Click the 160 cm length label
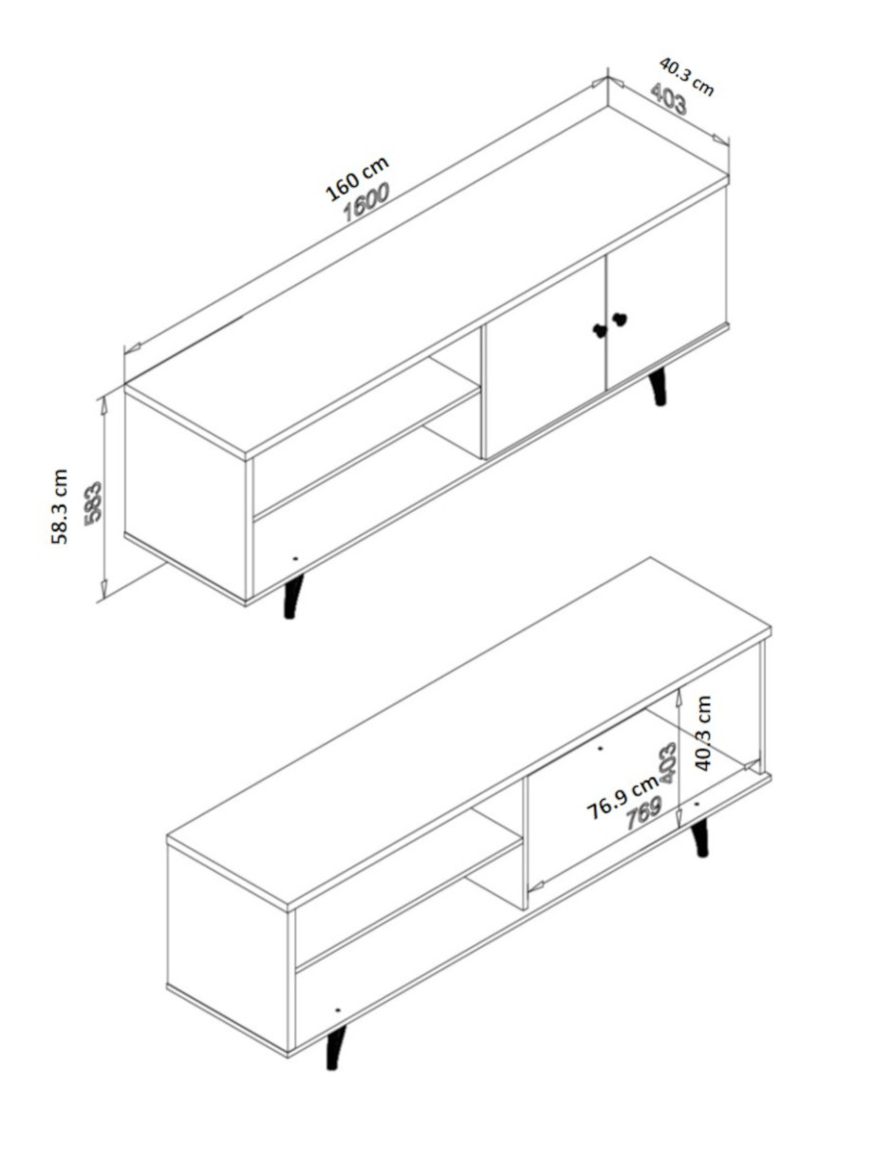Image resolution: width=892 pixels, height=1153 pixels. pyautogui.click(x=358, y=178)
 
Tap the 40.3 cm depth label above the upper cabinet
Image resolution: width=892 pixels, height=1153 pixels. pyautogui.click(x=686, y=77)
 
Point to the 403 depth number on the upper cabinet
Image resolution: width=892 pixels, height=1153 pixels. pyautogui.click(x=668, y=99)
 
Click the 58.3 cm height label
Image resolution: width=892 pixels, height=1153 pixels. pyautogui.click(x=60, y=507)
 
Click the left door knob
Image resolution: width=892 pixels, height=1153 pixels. pyautogui.click(x=600, y=329)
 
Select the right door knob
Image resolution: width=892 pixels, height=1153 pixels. pyautogui.click(x=620, y=319)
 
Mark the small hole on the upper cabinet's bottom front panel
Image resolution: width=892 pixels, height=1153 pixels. pyautogui.click(x=295, y=558)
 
